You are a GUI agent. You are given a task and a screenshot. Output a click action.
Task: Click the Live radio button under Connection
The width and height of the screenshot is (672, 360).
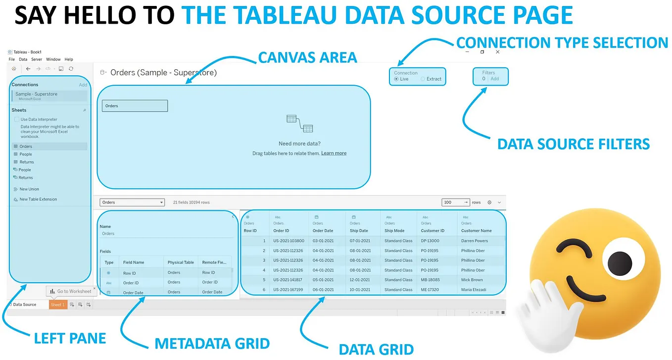(396, 79)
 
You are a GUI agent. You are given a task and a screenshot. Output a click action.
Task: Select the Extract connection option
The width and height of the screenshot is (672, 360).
(423, 79)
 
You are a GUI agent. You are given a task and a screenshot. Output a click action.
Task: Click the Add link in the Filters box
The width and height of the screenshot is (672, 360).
(494, 79)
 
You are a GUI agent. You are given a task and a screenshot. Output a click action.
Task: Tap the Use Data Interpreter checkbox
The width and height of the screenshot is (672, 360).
(17, 119)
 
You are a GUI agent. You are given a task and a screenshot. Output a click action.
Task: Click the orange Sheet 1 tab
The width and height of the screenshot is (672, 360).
(57, 305)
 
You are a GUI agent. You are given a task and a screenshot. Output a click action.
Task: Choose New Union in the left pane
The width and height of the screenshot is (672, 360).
(29, 189)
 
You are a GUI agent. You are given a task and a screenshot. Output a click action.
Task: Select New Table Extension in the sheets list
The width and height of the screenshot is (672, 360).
(38, 199)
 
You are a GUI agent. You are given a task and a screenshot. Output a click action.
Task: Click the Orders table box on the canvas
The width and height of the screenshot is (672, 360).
(135, 105)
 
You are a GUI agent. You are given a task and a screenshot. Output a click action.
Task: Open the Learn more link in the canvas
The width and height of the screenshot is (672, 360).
(334, 154)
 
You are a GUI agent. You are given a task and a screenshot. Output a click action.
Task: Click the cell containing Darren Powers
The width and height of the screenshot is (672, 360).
(474, 241)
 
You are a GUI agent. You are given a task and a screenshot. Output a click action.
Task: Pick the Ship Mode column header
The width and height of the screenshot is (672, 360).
(394, 231)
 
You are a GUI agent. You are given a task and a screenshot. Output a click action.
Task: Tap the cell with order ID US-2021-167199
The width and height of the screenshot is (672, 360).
(288, 290)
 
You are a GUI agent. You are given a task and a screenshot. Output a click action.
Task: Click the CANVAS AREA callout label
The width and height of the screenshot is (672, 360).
(307, 57)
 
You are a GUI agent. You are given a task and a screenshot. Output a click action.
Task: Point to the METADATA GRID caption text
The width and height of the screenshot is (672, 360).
(212, 344)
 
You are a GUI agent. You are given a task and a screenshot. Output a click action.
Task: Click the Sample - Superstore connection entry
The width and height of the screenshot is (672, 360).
(36, 94)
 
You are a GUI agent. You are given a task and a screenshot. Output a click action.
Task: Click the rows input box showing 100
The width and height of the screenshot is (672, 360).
(452, 202)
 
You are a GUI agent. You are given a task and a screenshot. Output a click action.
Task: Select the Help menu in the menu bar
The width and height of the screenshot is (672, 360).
(69, 59)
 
